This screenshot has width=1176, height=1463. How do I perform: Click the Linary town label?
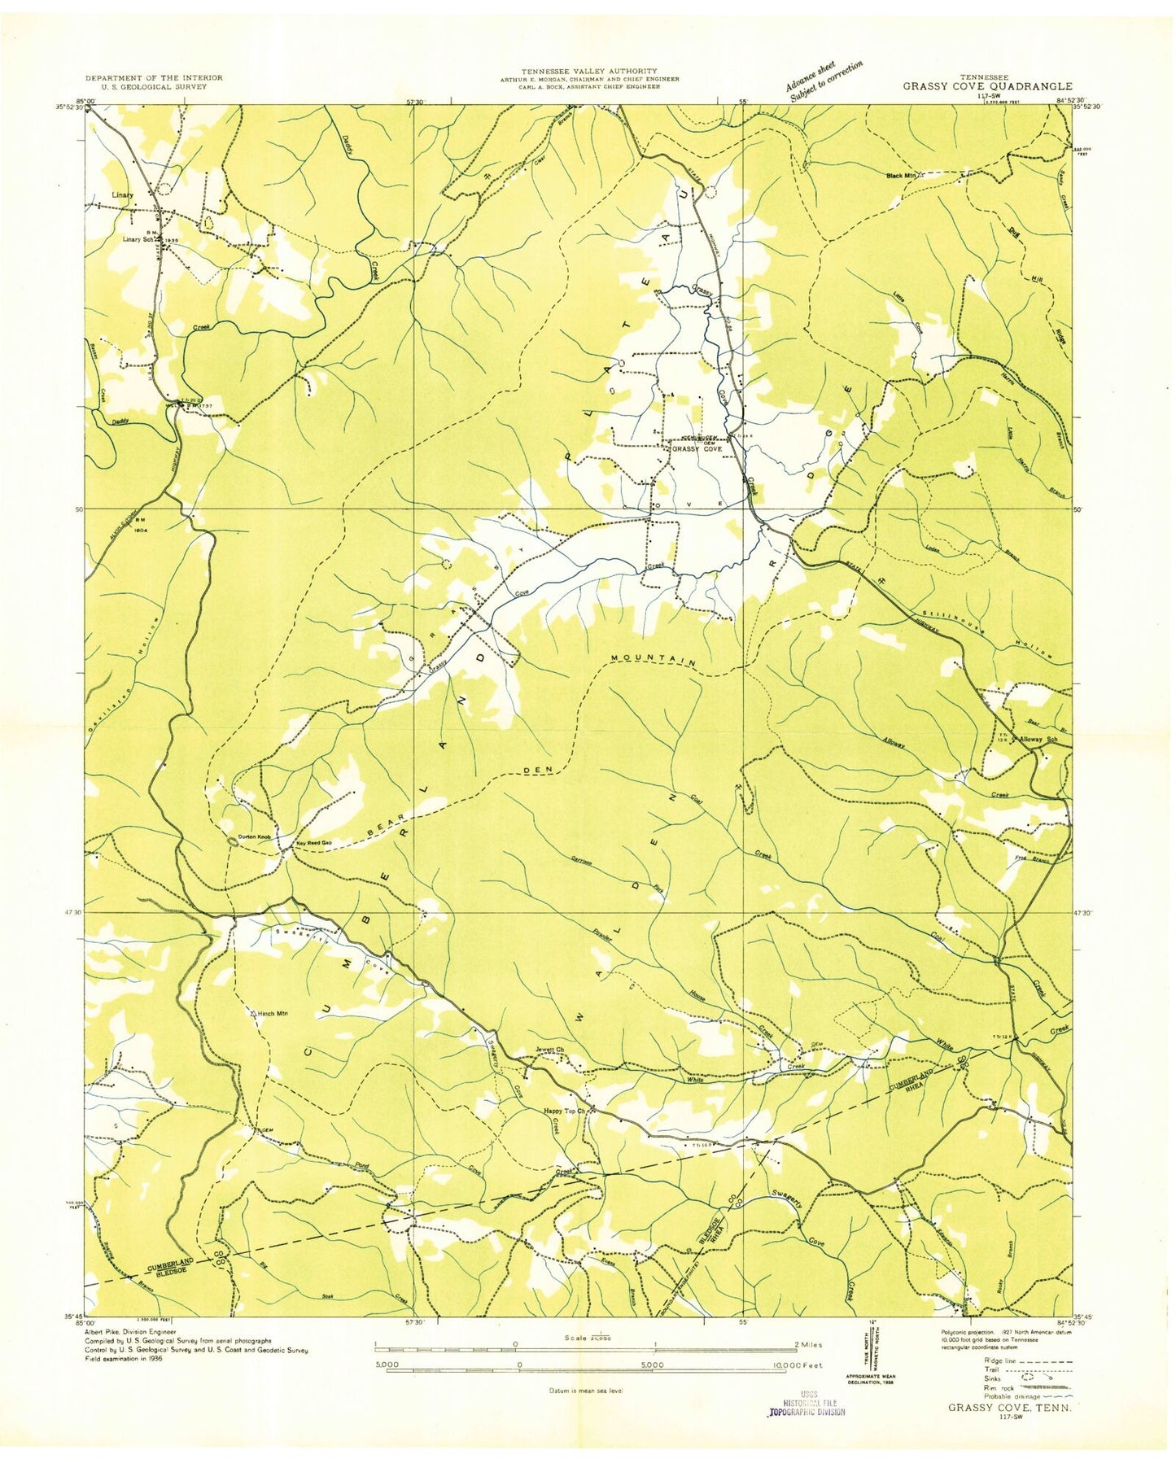coord(122,195)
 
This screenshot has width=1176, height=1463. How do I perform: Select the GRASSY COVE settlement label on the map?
coord(696,448)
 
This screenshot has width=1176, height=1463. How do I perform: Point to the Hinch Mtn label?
coord(273,1013)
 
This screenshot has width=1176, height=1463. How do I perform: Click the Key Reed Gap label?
coord(313,843)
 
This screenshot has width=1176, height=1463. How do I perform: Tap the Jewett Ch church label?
coord(549,1049)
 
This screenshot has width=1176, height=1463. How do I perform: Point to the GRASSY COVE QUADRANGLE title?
coord(986,85)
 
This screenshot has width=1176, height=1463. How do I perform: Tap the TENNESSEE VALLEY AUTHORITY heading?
coord(589,72)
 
